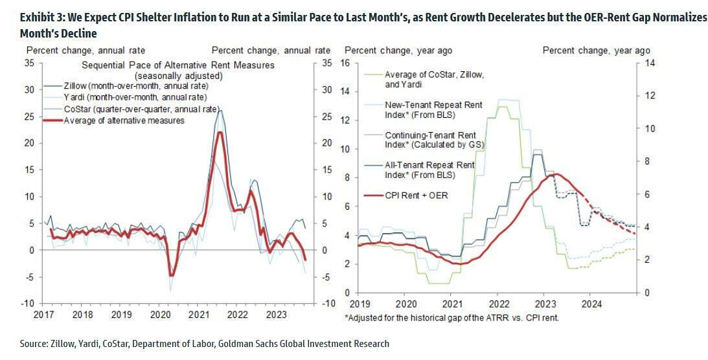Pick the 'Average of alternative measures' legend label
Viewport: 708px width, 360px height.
[124, 120]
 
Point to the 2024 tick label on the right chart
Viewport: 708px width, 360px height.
[591, 304]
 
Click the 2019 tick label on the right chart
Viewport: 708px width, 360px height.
[358, 304]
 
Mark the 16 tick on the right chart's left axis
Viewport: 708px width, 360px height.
[345, 63]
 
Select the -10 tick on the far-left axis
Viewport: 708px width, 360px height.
[30, 304]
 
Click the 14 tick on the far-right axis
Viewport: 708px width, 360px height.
[649, 63]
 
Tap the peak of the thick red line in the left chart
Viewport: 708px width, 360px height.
[220, 133]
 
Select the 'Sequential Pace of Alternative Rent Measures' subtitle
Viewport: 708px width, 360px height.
[178, 65]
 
